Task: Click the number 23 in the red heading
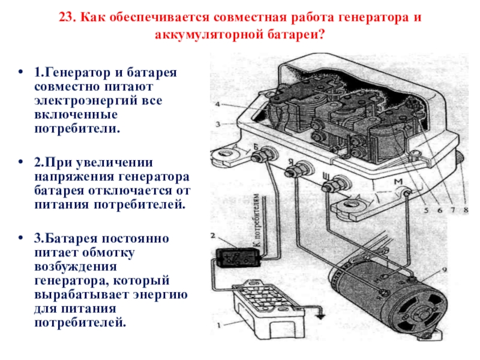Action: [x=67, y=17]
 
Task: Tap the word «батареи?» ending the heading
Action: [x=295, y=35]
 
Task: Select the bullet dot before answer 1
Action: [x=20, y=72]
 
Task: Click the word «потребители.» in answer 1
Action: [x=77, y=128]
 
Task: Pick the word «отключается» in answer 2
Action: [x=130, y=191]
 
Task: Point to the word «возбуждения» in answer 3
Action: [x=76, y=266]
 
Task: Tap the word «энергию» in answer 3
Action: [x=160, y=295]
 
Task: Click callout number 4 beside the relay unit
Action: [x=218, y=104]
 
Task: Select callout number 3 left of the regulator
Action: [x=218, y=124]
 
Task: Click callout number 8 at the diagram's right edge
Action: [x=466, y=210]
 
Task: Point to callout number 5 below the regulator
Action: [x=426, y=210]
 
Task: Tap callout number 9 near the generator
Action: [x=445, y=269]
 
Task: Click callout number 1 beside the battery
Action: [x=218, y=325]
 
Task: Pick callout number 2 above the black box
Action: [x=213, y=235]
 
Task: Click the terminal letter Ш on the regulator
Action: [x=326, y=176]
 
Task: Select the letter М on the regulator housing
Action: [x=398, y=182]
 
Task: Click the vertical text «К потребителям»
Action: [x=257, y=220]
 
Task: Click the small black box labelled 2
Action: [x=238, y=258]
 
